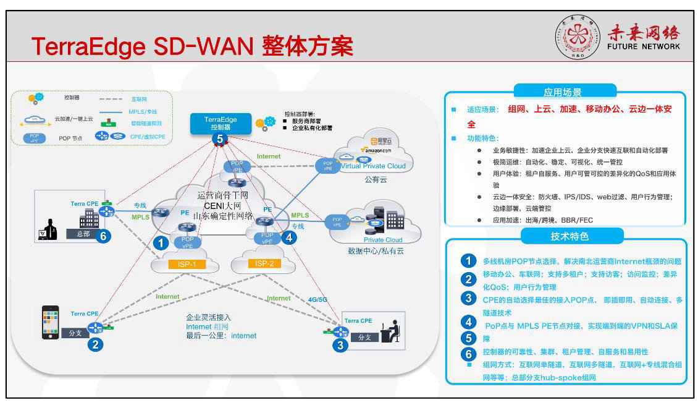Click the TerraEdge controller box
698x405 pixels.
[220, 123]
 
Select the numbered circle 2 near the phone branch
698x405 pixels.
[95, 345]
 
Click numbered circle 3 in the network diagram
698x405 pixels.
[340, 345]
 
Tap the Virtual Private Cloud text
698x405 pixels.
[373, 166]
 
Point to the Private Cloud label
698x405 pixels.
[382, 240]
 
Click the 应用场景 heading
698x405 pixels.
[562, 92]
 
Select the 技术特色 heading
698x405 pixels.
[561, 236]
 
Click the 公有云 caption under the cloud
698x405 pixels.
[376, 179]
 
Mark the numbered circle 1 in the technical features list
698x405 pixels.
[469, 261]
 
